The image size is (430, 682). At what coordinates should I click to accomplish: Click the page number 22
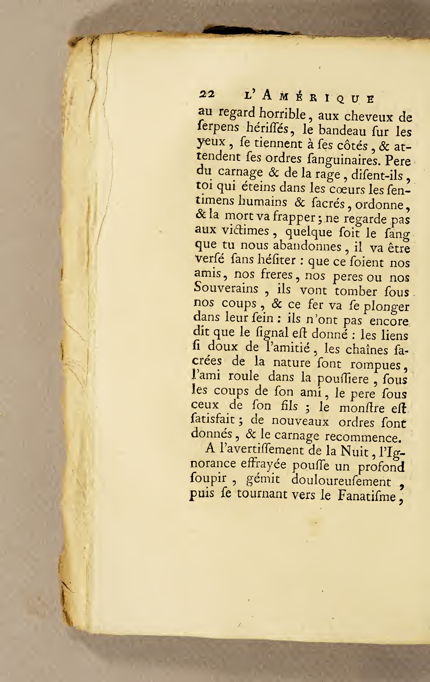click(x=207, y=94)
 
